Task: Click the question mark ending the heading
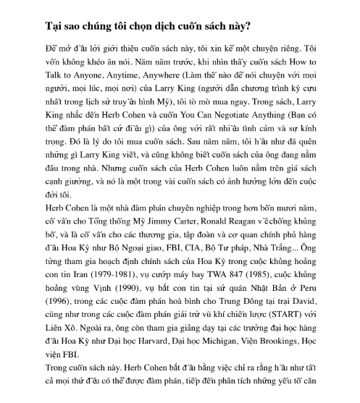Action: pos(248,27)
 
